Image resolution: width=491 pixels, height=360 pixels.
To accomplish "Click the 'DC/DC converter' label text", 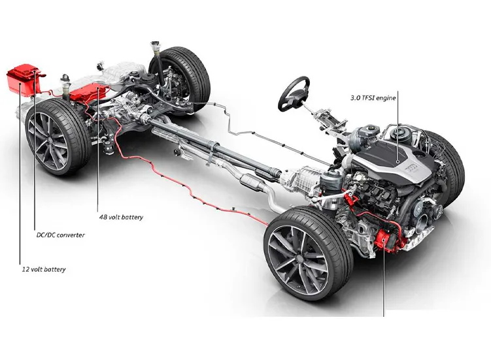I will click(x=59, y=235).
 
